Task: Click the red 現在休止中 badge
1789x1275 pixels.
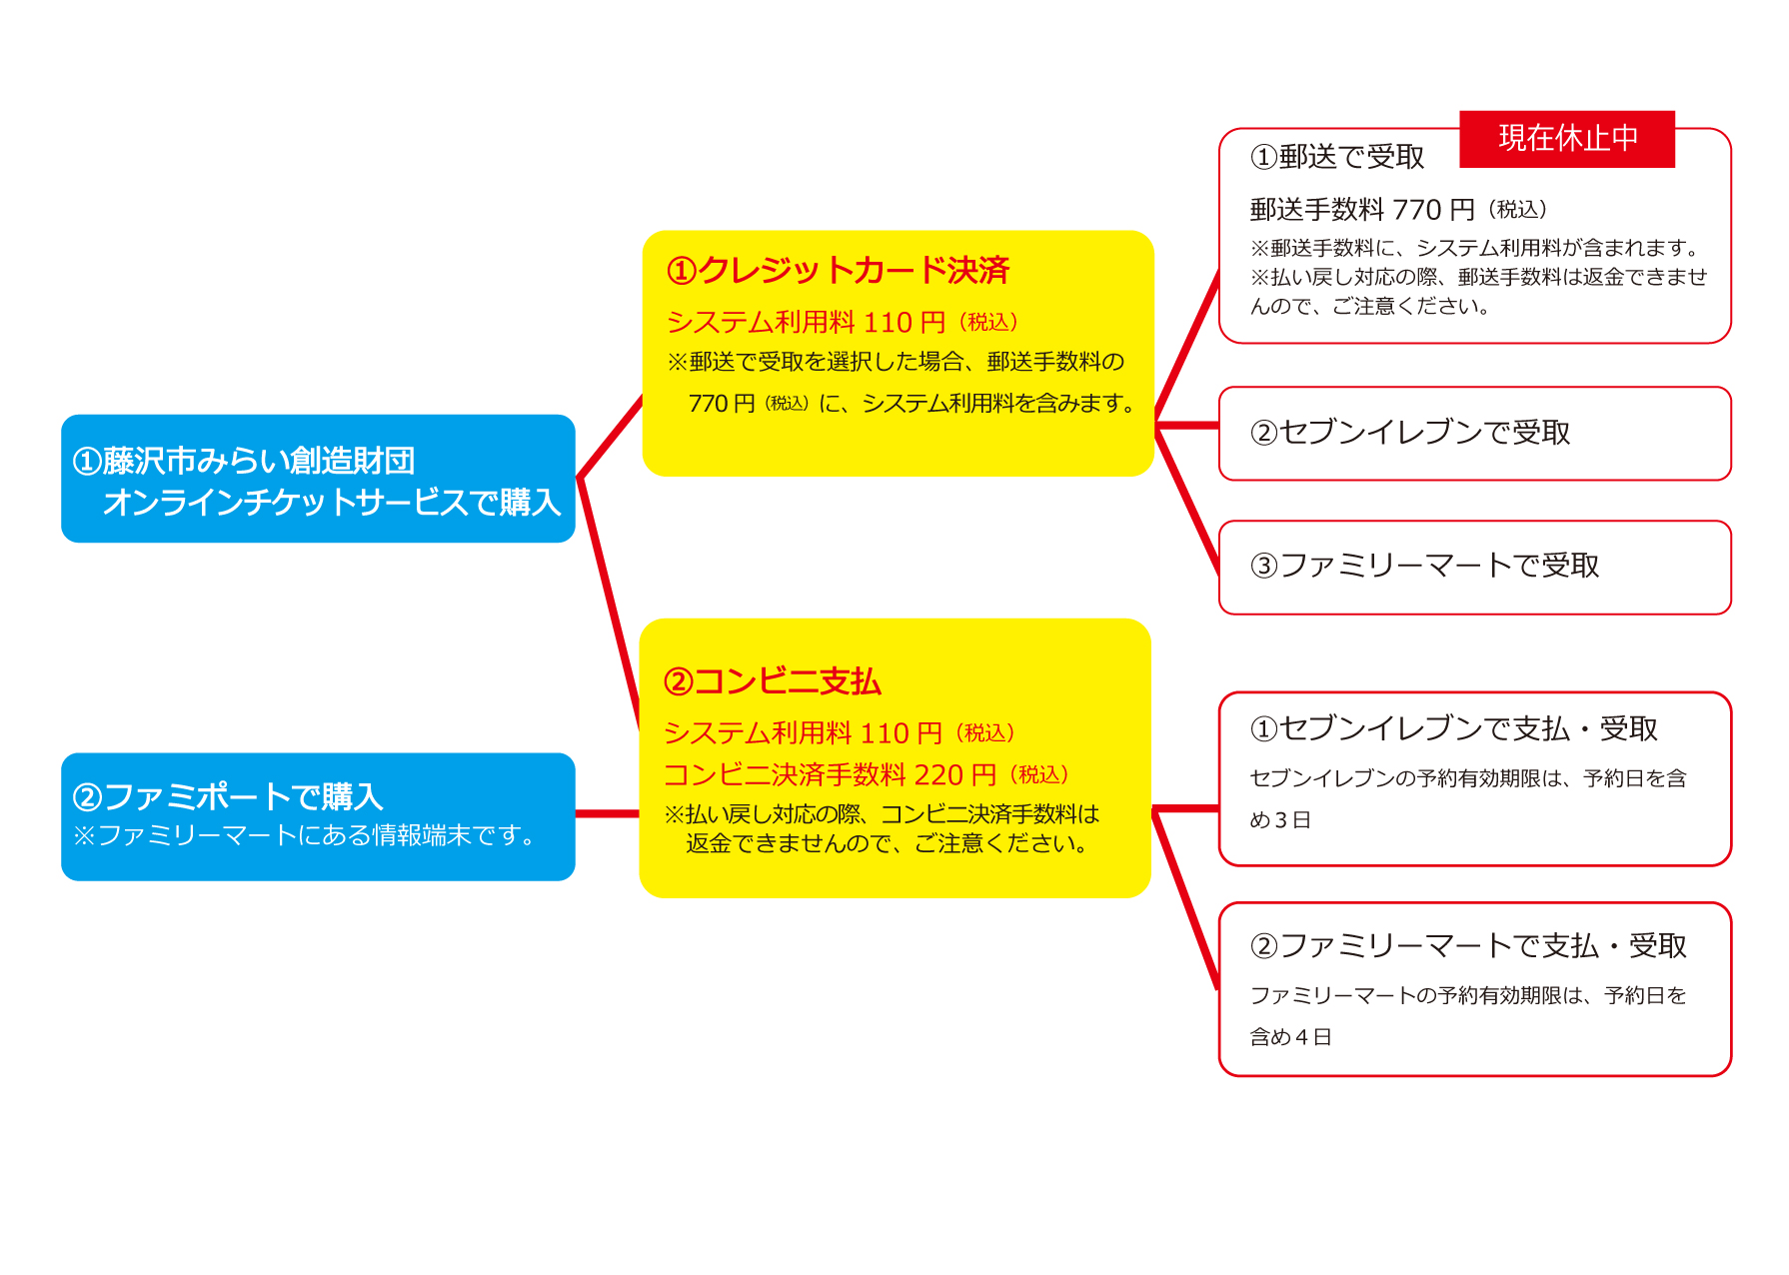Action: [x=1566, y=139]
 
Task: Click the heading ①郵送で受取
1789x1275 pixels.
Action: [x=1336, y=157]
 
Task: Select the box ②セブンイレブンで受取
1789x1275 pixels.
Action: [x=1474, y=434]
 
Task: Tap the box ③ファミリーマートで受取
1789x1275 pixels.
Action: [x=1474, y=567]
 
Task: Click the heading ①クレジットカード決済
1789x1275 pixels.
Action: [x=838, y=270]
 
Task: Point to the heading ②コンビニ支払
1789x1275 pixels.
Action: [x=773, y=681]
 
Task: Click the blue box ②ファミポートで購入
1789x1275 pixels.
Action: [x=318, y=815]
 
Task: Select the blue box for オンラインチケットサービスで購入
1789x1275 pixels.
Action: [x=318, y=480]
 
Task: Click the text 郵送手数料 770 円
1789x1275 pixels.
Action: [x=1361, y=210]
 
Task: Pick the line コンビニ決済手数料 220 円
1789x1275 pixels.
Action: [x=830, y=774]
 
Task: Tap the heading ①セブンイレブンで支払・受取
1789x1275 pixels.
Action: [x=1453, y=729]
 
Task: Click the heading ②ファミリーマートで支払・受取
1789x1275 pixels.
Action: [x=1468, y=945]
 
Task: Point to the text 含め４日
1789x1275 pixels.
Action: [x=1290, y=1037]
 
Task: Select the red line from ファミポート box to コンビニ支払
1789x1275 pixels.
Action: [x=607, y=814]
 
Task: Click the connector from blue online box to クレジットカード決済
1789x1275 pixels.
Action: [x=611, y=438]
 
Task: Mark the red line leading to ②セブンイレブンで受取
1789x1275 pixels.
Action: [x=1187, y=426]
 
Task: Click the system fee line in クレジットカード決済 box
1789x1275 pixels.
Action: [x=805, y=323]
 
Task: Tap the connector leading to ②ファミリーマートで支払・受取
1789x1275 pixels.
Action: [x=1185, y=899]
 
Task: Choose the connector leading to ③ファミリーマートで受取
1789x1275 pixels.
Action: [x=1187, y=500]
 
